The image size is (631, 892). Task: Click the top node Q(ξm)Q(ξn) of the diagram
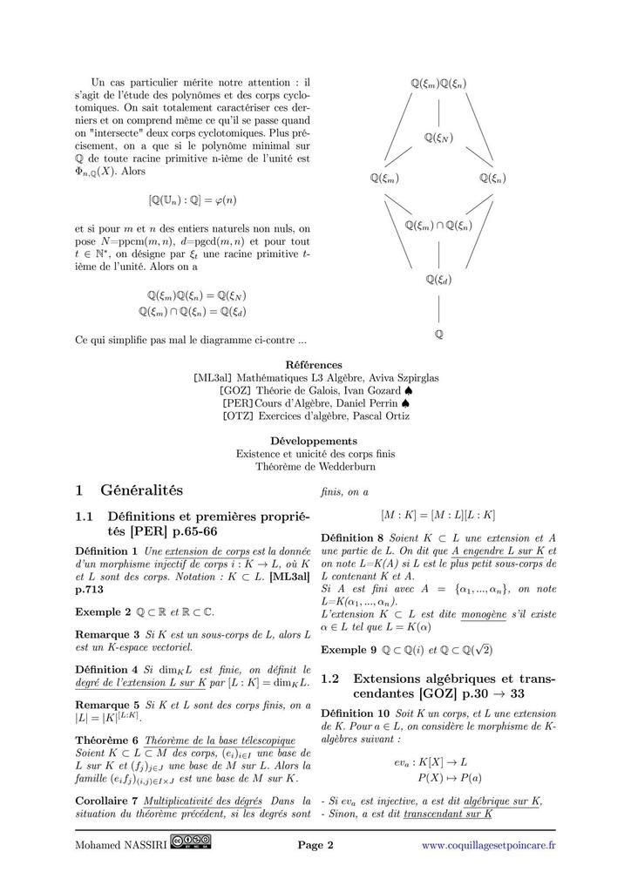[438, 84]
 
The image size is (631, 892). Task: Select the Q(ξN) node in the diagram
[438, 138]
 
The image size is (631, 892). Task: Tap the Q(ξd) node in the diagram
[438, 280]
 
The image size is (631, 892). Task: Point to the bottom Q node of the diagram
[438, 334]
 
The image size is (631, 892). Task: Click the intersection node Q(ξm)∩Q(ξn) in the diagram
[438, 226]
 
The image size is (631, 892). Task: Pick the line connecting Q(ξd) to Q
[438, 307]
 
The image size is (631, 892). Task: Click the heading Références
[314, 365]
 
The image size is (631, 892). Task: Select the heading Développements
[314, 441]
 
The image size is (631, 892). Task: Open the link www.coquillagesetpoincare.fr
[488, 845]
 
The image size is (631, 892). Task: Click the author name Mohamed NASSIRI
[121, 845]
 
